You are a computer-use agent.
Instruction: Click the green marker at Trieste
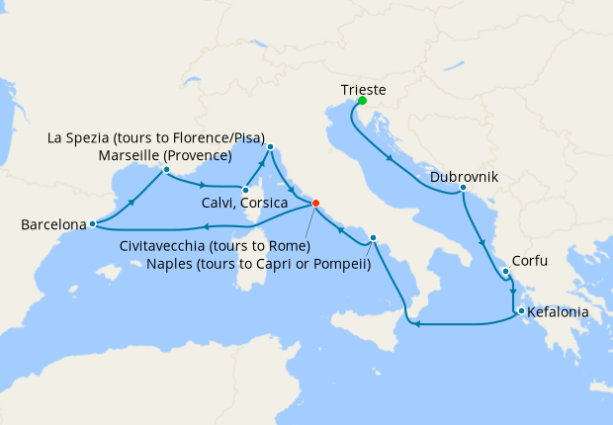(x=363, y=101)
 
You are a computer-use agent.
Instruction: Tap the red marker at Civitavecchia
(x=315, y=204)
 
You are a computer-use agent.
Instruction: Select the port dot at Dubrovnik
(x=463, y=187)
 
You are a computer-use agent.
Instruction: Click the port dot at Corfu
(x=505, y=272)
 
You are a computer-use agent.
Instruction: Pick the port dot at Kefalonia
(x=520, y=312)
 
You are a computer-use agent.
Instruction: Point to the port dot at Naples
(x=374, y=238)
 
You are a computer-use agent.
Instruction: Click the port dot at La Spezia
(x=270, y=147)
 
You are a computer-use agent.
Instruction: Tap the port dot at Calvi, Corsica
(x=244, y=187)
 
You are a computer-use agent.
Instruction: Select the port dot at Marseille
(x=166, y=170)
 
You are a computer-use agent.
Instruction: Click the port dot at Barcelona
(x=92, y=224)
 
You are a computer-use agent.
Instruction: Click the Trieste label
(x=363, y=89)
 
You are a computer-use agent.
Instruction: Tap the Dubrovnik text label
(x=464, y=179)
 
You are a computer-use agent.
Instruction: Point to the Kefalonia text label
(x=558, y=312)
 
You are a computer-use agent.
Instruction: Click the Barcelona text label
(x=53, y=225)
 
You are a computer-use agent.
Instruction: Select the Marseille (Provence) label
(x=166, y=156)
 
